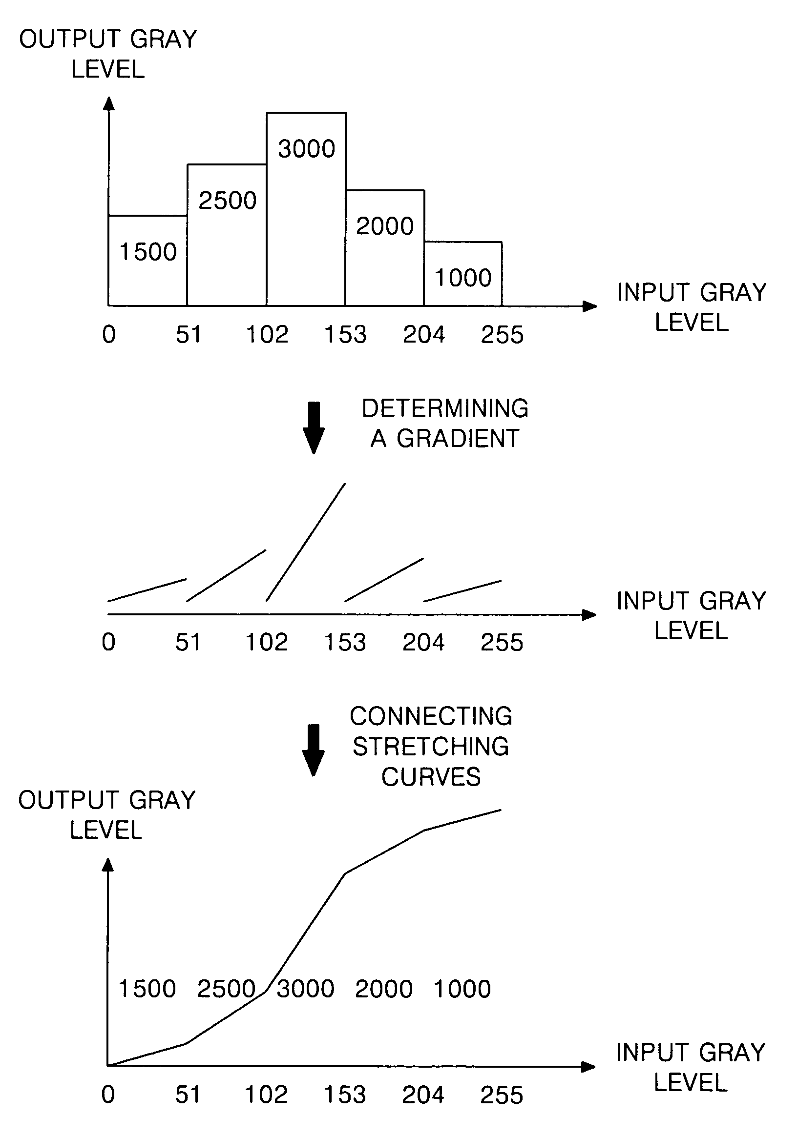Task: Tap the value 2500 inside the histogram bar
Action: pos(227,201)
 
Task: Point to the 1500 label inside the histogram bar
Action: pos(148,252)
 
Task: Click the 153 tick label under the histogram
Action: pos(345,335)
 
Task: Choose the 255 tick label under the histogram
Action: pos(502,335)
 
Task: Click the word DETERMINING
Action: pos(445,409)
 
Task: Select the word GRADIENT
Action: pos(458,438)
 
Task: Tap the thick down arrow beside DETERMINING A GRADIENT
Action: pos(314,427)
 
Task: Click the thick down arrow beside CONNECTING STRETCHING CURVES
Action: pos(314,750)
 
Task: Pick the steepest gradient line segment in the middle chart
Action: pos(305,542)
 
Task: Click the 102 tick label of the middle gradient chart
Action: pos(266,643)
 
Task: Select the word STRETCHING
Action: pos(431,747)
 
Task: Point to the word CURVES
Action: pos(431,777)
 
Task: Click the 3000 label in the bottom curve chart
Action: pos(305,989)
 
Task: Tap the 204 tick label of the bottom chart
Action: pos(423,1095)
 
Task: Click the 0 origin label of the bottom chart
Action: pos(108,1095)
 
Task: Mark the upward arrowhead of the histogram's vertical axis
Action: pos(109,103)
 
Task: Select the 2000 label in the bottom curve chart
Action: pos(384,989)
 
